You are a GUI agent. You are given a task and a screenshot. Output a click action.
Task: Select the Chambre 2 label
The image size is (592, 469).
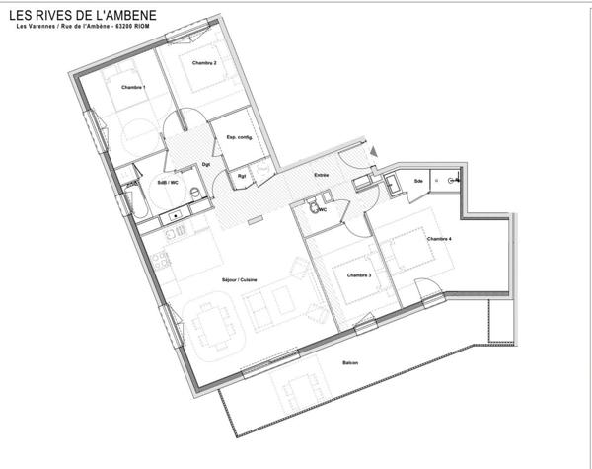pos(204,63)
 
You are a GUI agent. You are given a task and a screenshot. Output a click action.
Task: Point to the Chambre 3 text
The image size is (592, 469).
pos(358,274)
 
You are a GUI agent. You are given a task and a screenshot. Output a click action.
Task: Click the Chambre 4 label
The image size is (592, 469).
pos(439,239)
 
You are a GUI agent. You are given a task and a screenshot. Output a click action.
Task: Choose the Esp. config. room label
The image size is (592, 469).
pos(240,137)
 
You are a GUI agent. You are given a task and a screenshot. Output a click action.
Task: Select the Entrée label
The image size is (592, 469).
pos(322,175)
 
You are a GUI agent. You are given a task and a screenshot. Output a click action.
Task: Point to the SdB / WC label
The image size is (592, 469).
pos(168,183)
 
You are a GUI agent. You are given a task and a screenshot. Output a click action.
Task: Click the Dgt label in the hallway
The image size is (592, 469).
pos(206,164)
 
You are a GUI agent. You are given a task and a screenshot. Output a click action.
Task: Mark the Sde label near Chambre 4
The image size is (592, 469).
pos(418,181)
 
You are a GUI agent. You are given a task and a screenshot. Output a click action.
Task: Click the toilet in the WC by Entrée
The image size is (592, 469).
pos(314,209)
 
